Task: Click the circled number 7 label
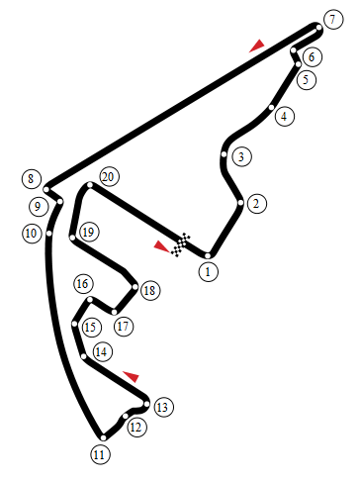333,20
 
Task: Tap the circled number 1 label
208,272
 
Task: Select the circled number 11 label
100,455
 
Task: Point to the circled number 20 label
109,177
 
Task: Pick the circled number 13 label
163,407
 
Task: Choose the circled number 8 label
32,179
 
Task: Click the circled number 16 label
83,284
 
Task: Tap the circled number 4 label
284,116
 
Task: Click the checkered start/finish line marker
181,244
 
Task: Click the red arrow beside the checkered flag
161,246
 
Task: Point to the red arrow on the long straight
257,46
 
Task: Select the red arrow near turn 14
132,376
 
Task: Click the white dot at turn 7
318,28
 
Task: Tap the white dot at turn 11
103,437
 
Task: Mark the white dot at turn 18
135,287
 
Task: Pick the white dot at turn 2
240,203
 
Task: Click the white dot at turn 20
90,185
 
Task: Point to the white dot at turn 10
49,234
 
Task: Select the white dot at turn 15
75,324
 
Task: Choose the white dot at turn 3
225,154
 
